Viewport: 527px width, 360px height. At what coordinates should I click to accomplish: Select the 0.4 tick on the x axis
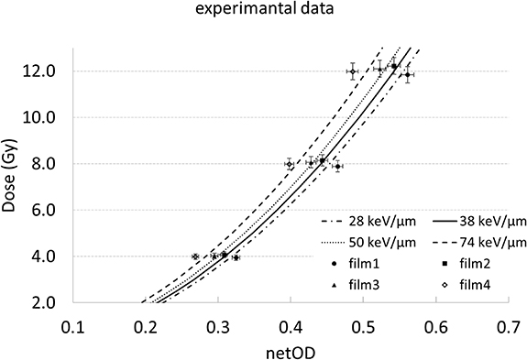291,326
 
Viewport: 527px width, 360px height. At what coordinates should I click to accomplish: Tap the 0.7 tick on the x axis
508,326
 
